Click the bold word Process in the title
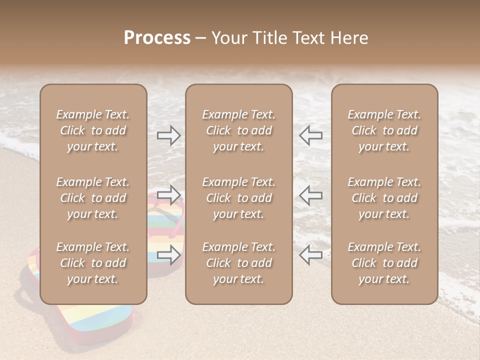pyautogui.click(x=157, y=38)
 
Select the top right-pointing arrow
pyautogui.click(x=169, y=135)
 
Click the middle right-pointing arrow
pyautogui.click(x=169, y=194)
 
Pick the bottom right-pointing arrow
pyautogui.click(x=169, y=255)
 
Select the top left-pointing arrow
pyautogui.click(x=310, y=135)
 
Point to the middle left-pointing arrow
pyautogui.click(x=310, y=194)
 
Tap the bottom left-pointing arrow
pyautogui.click(x=310, y=255)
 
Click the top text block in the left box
pyautogui.click(x=93, y=130)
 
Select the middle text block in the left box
pyautogui.click(x=93, y=198)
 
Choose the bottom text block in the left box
pyautogui.click(x=93, y=263)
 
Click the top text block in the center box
pyautogui.click(x=238, y=130)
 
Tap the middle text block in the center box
pyautogui.click(x=238, y=198)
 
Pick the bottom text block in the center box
pyautogui.click(x=238, y=263)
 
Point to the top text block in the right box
pyautogui.click(x=384, y=130)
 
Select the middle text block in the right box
pyautogui.click(x=384, y=198)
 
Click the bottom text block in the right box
pyautogui.click(x=384, y=263)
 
